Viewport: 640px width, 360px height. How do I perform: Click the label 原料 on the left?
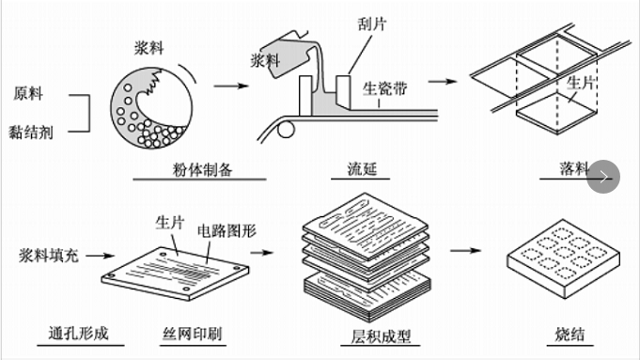(27, 94)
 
